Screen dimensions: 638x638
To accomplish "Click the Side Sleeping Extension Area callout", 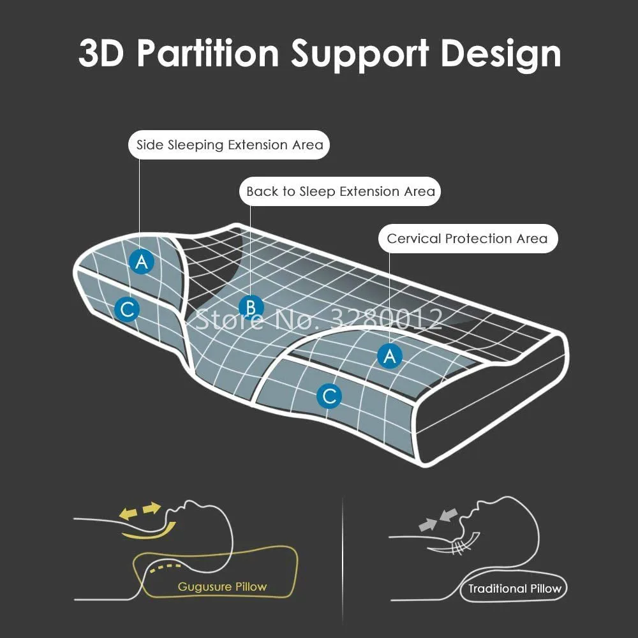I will pyautogui.click(x=230, y=145).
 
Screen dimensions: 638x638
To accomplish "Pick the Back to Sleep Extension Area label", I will pyautogui.click(x=341, y=191).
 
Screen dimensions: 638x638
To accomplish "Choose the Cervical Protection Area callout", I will pyautogui.click(x=467, y=239).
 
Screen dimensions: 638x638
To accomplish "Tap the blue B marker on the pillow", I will pyautogui.click(x=251, y=307).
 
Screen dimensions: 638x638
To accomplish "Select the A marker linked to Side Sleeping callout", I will pyautogui.click(x=142, y=261).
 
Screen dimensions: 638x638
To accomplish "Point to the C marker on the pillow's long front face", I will pyautogui.click(x=329, y=397).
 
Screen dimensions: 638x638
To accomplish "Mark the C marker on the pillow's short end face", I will pyautogui.click(x=127, y=310).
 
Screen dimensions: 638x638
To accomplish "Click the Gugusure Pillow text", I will pyautogui.click(x=222, y=586).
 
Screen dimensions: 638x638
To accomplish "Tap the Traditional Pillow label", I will pyautogui.click(x=514, y=589).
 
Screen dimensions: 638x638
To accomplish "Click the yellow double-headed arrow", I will pyautogui.click(x=141, y=510).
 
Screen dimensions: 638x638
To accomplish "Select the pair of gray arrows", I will pyautogui.click(x=438, y=519).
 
